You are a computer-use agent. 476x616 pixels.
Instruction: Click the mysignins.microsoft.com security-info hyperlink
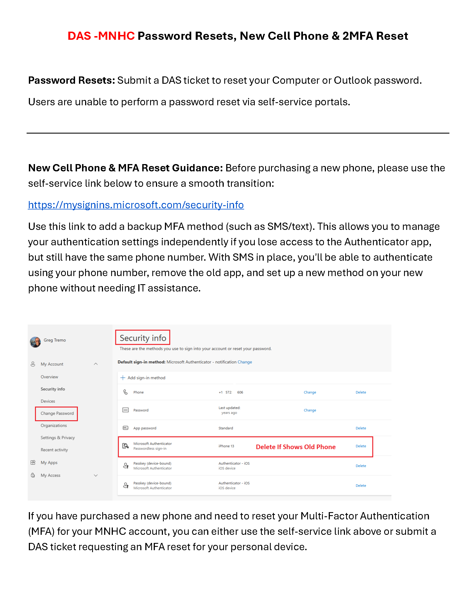pyautogui.click(x=136, y=205)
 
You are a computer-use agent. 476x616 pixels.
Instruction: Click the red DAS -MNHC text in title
pyautogui.click(x=101, y=36)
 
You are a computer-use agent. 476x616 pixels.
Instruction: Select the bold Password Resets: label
pyautogui.click(x=71, y=80)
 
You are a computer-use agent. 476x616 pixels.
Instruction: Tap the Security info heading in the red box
pyautogui.click(x=143, y=338)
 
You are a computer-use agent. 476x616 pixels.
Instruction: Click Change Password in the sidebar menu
pyautogui.click(x=57, y=413)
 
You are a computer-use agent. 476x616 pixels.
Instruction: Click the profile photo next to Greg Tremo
pyautogui.click(x=35, y=342)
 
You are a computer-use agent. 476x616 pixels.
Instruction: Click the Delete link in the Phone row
pyautogui.click(x=361, y=392)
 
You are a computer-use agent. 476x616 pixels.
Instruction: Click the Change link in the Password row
pyautogui.click(x=310, y=410)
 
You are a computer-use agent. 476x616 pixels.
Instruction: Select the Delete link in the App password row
pyautogui.click(x=361, y=428)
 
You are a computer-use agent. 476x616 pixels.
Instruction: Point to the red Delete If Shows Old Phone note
pyautogui.click(x=295, y=447)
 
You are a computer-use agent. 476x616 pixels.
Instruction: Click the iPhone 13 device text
pyautogui.click(x=226, y=446)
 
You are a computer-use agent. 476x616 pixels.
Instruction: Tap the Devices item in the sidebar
pyautogui.click(x=48, y=401)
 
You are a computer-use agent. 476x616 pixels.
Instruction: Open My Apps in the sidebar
pyautogui.click(x=49, y=463)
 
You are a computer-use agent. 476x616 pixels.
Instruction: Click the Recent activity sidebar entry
pyautogui.click(x=54, y=450)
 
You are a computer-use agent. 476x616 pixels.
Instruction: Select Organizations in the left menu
pyautogui.click(x=53, y=425)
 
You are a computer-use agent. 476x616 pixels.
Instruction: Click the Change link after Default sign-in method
pyautogui.click(x=244, y=362)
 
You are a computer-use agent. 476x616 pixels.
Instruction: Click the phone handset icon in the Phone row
pyautogui.click(x=125, y=392)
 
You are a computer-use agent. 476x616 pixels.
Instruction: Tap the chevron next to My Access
pyautogui.click(x=95, y=475)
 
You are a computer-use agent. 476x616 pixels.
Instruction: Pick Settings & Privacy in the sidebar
pyautogui.click(x=57, y=437)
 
